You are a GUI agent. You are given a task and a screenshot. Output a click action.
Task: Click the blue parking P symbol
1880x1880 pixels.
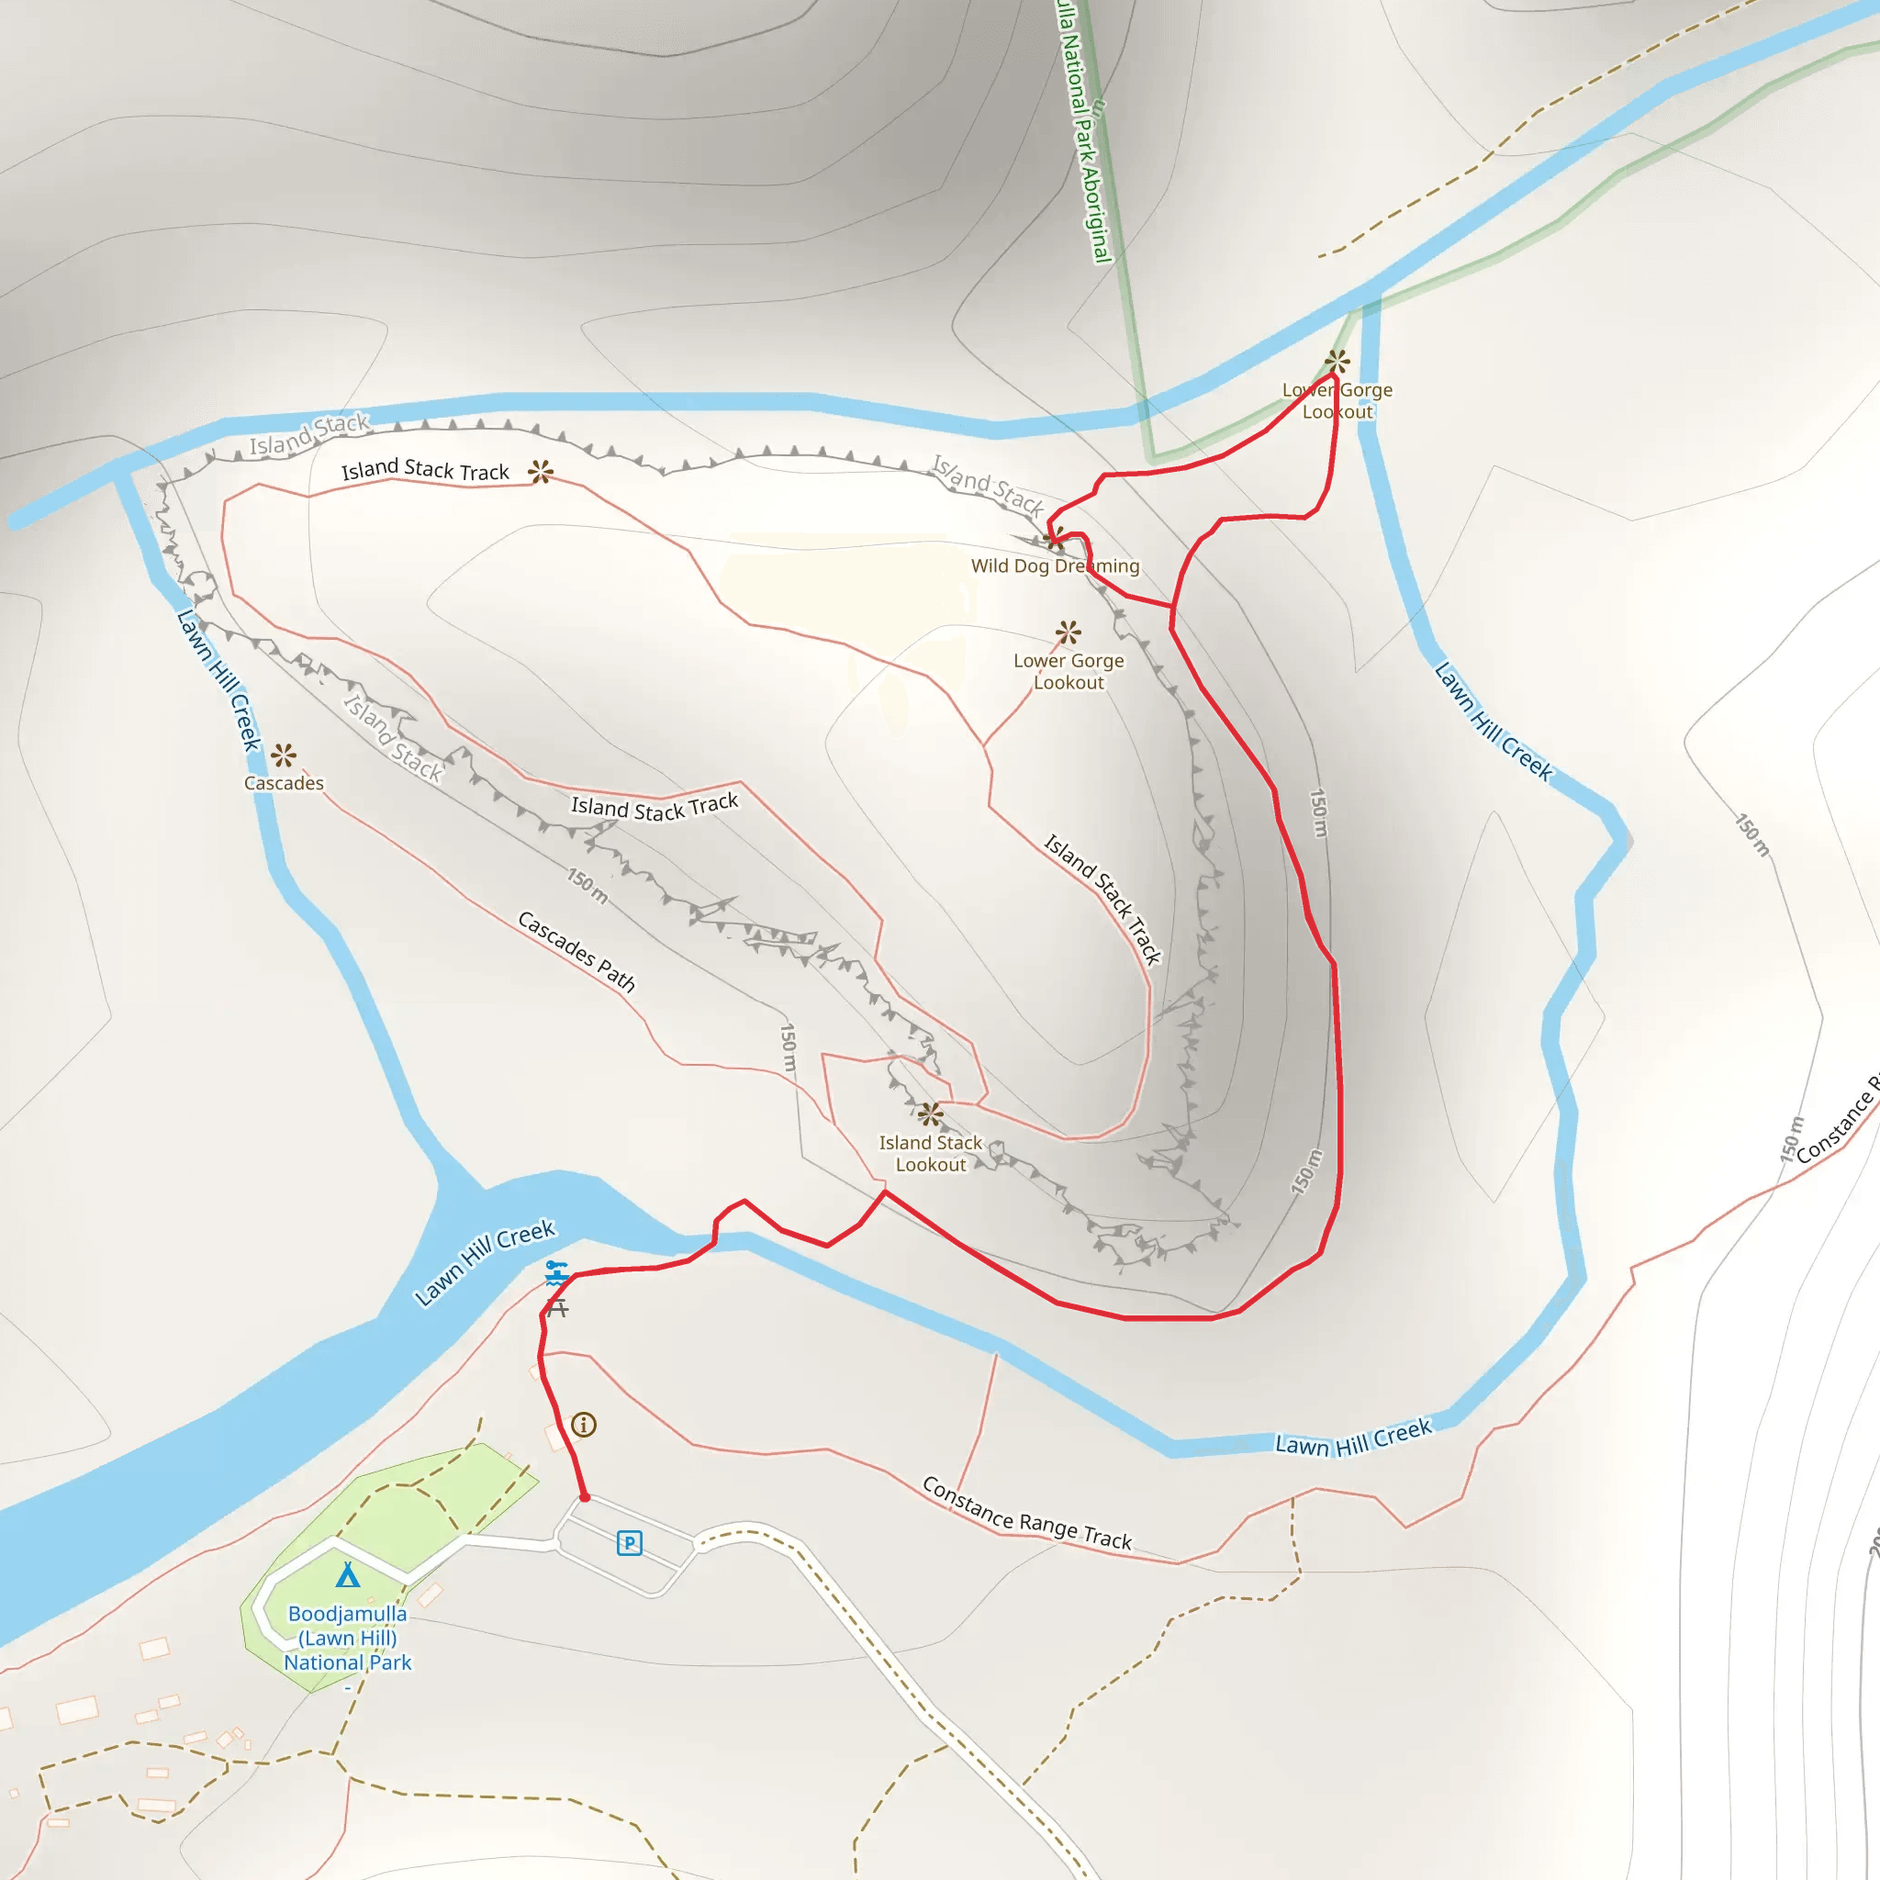pyautogui.click(x=630, y=1543)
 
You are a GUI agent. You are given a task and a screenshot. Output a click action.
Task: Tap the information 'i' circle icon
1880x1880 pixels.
pyautogui.click(x=584, y=1426)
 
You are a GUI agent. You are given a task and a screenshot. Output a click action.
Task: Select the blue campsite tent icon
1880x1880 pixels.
pyautogui.click(x=347, y=1574)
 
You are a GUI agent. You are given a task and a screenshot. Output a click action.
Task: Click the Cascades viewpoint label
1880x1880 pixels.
pyautogui.click(x=283, y=783)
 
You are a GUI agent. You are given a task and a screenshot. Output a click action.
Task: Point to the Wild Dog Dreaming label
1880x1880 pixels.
pyautogui.click(x=1055, y=565)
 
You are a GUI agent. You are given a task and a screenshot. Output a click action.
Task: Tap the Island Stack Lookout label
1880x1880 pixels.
pyautogui.click(x=930, y=1153)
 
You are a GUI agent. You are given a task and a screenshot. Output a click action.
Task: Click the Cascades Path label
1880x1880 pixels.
pyautogui.click(x=577, y=952)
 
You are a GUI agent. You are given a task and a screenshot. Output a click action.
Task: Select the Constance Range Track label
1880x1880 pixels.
pyautogui.click(x=1026, y=1514)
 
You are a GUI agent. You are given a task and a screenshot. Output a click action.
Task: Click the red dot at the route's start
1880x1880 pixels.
pyautogui.click(x=585, y=1497)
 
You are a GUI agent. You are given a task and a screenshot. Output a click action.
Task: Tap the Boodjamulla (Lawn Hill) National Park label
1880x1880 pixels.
pyautogui.click(x=347, y=1638)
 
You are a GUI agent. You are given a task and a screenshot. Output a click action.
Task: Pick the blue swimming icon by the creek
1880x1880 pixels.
pyautogui.click(x=555, y=1271)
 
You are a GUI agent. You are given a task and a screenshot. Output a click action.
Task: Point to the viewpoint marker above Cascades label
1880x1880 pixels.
pyautogui.click(x=283, y=755)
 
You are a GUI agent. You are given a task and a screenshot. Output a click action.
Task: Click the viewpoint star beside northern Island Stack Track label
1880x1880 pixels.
pyautogui.click(x=541, y=472)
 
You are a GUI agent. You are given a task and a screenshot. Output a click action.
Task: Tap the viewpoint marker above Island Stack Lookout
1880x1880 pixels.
pyautogui.click(x=930, y=1113)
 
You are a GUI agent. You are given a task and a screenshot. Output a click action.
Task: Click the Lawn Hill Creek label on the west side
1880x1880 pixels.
pyautogui.click(x=219, y=680)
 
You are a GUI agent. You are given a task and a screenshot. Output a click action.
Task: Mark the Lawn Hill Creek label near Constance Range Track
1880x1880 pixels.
pyautogui.click(x=1354, y=1438)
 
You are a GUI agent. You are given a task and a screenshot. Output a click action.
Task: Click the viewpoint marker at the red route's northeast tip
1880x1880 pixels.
pyautogui.click(x=1337, y=362)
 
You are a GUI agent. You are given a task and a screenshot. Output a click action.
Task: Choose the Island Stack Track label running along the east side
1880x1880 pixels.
pyautogui.click(x=1102, y=899)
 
